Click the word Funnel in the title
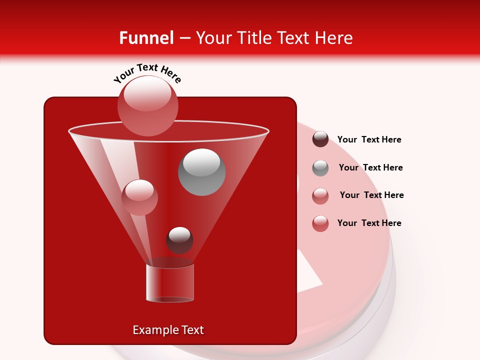[x=146, y=38]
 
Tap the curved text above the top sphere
[x=147, y=73]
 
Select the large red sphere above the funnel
[x=148, y=105]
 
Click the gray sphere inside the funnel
[x=202, y=172]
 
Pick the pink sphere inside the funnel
[x=139, y=197]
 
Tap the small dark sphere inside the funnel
[x=179, y=240]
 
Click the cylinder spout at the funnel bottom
[x=170, y=283]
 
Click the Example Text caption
[x=168, y=330]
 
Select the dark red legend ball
[x=320, y=139]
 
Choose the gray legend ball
[x=320, y=168]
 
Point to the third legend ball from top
[x=320, y=196]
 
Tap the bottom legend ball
[x=320, y=223]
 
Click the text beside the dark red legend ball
[x=369, y=139]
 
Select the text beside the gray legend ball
[x=370, y=167]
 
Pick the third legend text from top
[x=371, y=195]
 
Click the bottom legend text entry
[x=369, y=223]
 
